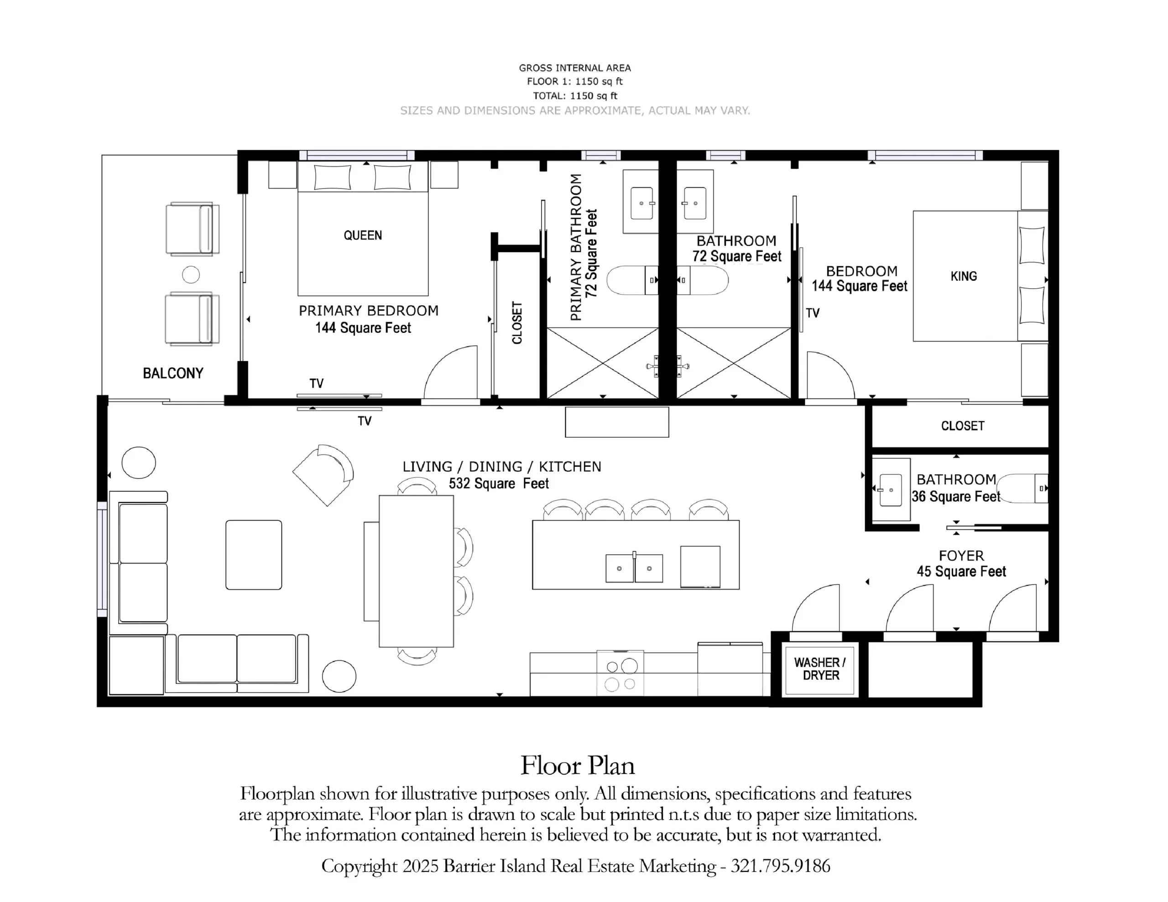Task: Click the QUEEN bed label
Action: click(363, 235)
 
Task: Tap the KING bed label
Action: click(964, 276)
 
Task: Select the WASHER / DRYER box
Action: click(820, 669)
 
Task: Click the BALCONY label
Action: click(173, 373)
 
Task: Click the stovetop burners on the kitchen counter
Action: click(620, 674)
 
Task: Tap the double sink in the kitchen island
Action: click(634, 568)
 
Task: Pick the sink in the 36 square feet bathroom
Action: click(891, 490)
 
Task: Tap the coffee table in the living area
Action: click(254, 555)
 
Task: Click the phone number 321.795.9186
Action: click(780, 866)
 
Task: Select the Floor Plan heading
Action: click(578, 766)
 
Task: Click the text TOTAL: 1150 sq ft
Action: click(575, 96)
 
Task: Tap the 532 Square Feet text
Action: click(498, 483)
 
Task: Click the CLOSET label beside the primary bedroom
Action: click(516, 323)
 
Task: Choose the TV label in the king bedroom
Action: click(813, 313)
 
